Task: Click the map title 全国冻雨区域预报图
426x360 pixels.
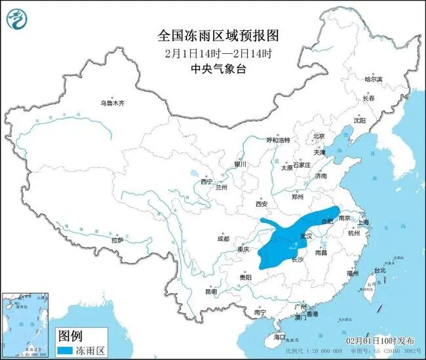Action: (x=214, y=33)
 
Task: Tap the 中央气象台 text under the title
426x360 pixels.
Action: (x=214, y=67)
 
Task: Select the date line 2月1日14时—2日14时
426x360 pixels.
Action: (x=214, y=51)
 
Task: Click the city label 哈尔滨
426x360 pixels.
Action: (x=374, y=79)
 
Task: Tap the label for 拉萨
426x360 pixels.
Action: (x=117, y=240)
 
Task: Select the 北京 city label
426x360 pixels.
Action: (x=319, y=136)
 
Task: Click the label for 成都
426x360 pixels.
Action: (x=223, y=239)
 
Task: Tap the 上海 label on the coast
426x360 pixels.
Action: (x=362, y=222)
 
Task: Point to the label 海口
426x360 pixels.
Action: (x=281, y=336)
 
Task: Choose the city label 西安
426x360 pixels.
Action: (x=261, y=205)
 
